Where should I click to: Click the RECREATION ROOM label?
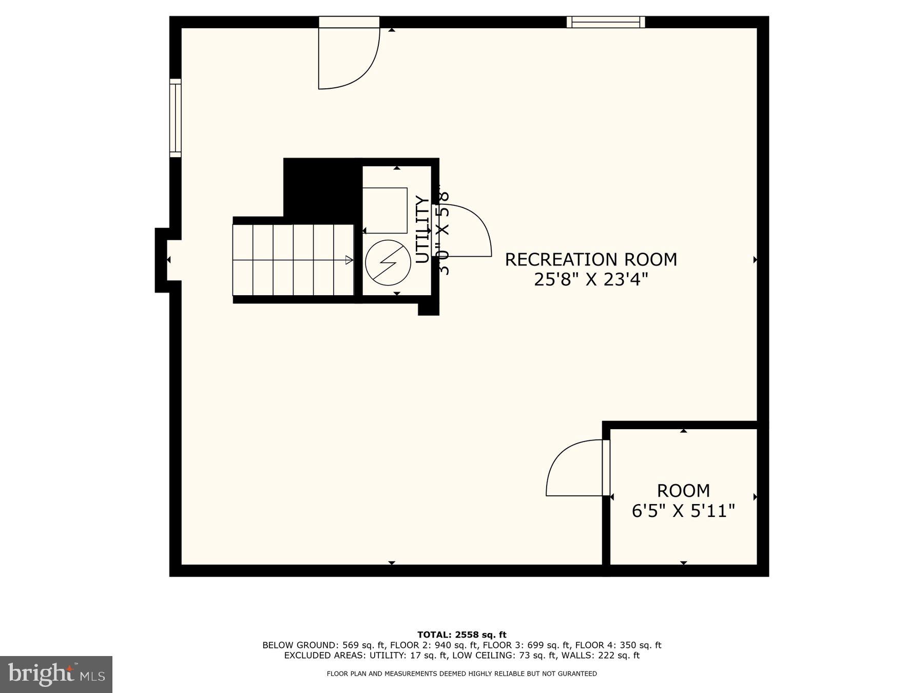click(x=591, y=259)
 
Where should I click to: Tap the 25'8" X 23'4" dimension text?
click(x=591, y=280)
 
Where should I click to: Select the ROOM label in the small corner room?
click(x=683, y=491)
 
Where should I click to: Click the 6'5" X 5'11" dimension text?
click(x=683, y=511)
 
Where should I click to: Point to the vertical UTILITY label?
click(x=422, y=229)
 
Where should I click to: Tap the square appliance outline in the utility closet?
click(x=385, y=210)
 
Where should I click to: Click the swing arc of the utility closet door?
click(x=475, y=221)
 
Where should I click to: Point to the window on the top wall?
click(x=606, y=22)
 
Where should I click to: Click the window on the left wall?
click(x=176, y=118)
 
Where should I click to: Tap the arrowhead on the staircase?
click(x=350, y=260)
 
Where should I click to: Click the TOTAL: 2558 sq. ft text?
click(x=461, y=635)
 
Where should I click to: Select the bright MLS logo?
click(x=56, y=674)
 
